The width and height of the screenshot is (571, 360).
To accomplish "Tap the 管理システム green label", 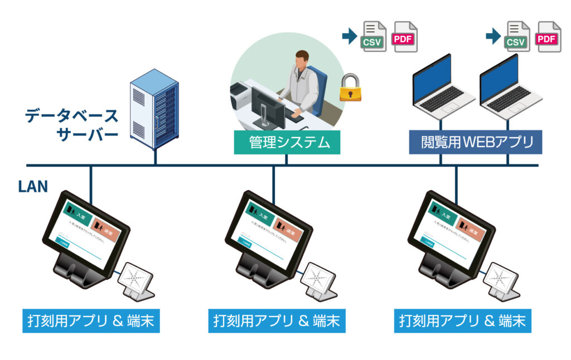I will (x=287, y=143).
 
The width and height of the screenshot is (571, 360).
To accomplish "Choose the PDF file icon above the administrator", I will (x=405, y=36).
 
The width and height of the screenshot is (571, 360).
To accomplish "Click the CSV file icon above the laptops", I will (x=517, y=36).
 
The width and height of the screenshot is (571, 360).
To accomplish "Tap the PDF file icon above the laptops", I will (x=548, y=36).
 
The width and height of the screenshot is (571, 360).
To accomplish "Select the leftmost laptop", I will (x=441, y=86).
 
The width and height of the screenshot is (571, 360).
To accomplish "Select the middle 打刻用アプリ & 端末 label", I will (x=276, y=322).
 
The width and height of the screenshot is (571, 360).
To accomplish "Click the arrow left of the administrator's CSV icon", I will (x=349, y=37).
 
